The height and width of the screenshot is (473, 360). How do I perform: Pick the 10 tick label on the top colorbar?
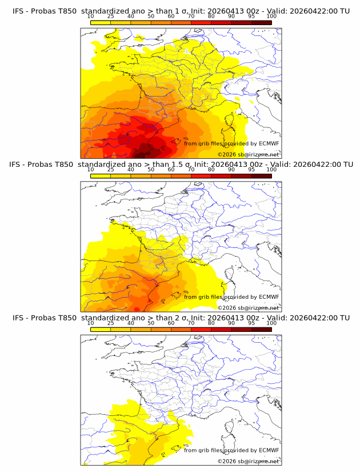pos(90,16)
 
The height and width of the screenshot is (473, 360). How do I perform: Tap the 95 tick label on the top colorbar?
pos(251,16)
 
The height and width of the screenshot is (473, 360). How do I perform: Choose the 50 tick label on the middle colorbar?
pos(151,170)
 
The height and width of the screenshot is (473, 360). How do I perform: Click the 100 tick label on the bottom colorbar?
pos(271,323)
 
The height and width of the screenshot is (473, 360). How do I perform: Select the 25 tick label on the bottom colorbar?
pos(110,323)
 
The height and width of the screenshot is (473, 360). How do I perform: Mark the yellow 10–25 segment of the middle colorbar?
pos(100,176)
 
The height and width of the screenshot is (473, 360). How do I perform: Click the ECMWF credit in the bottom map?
pos(269,450)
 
